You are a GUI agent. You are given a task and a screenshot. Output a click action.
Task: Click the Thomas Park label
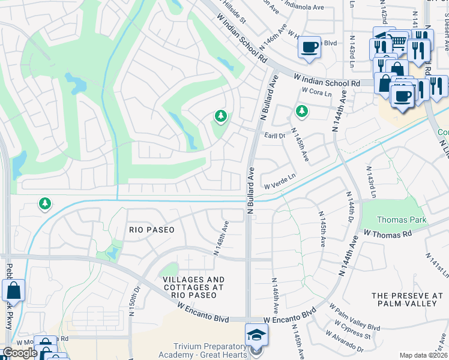(402, 220)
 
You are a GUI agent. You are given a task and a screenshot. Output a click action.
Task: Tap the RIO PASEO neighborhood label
(152, 230)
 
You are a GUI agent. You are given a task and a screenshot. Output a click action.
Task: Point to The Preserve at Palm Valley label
(407, 299)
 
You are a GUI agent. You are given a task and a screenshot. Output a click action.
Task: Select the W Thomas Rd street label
(387, 233)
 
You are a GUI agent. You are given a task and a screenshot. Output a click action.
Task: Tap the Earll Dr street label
(274, 136)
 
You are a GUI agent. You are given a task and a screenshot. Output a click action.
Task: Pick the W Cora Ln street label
(316, 93)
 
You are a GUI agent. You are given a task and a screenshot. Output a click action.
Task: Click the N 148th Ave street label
(221, 238)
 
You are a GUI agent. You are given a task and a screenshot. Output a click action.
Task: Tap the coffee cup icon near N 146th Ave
(309, 47)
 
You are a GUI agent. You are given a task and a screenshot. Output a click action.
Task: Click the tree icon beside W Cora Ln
(301, 110)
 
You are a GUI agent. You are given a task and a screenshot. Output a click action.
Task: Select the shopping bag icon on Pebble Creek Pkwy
(13, 291)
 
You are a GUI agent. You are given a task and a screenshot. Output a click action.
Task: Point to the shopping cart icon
(398, 41)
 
